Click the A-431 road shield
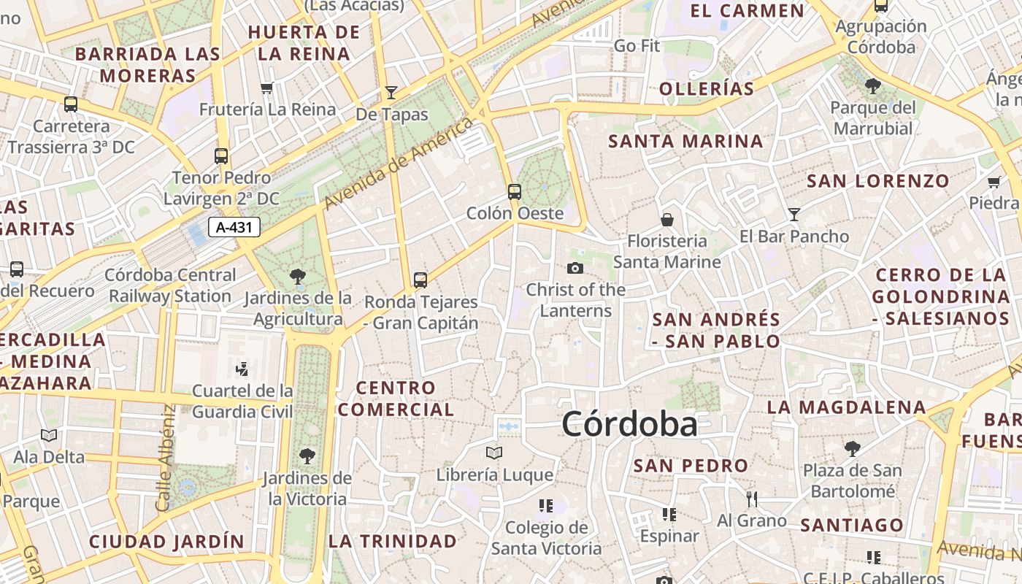234,227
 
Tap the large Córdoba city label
629,424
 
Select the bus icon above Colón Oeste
515,192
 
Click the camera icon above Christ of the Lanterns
575,268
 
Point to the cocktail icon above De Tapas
391,92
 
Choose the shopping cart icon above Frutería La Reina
266,88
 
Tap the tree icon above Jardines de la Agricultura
297,276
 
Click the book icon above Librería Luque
494,453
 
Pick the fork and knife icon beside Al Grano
752,499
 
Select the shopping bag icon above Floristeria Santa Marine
666,219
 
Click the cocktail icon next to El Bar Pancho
794,215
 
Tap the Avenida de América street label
399,162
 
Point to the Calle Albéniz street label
164,458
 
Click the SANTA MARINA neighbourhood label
685,141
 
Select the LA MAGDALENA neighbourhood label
846,407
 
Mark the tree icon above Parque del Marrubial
872,86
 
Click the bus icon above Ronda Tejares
420,280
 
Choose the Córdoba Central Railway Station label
171,285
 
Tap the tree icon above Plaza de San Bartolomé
852,448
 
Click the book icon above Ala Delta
49,436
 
